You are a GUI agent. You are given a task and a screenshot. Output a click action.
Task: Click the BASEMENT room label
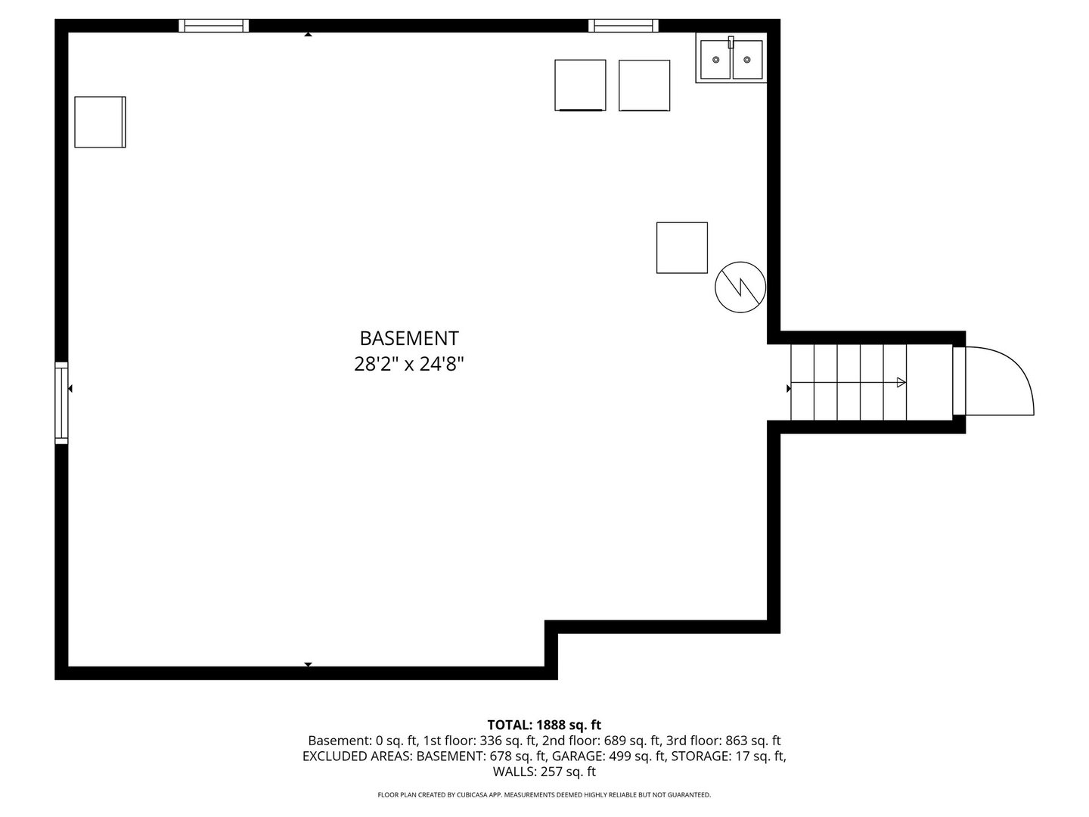[409, 338]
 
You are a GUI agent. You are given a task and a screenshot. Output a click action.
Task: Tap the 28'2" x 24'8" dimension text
[409, 365]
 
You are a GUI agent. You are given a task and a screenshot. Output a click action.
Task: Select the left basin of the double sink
[715, 60]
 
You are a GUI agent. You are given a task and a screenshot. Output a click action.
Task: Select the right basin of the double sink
[747, 60]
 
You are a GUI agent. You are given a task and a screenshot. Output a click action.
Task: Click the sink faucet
[731, 42]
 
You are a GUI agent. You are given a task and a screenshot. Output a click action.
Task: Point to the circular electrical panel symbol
[740, 287]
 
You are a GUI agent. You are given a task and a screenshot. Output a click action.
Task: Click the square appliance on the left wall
[101, 122]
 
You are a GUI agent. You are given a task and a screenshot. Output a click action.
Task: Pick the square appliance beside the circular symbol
[682, 247]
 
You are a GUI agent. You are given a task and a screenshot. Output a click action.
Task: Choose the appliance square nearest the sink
[644, 85]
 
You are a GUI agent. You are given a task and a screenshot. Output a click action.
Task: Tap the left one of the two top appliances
[581, 85]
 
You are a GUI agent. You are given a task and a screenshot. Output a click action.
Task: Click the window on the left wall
[61, 402]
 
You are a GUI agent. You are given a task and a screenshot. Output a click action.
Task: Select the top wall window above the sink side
[624, 26]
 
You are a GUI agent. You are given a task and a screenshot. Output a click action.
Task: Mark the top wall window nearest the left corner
[214, 26]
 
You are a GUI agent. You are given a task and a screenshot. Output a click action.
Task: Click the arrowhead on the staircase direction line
[901, 383]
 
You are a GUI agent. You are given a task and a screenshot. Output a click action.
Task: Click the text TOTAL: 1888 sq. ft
[544, 725]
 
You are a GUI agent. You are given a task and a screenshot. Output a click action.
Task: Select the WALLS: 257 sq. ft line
[544, 772]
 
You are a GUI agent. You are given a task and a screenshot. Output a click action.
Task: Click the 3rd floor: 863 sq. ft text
[724, 741]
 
